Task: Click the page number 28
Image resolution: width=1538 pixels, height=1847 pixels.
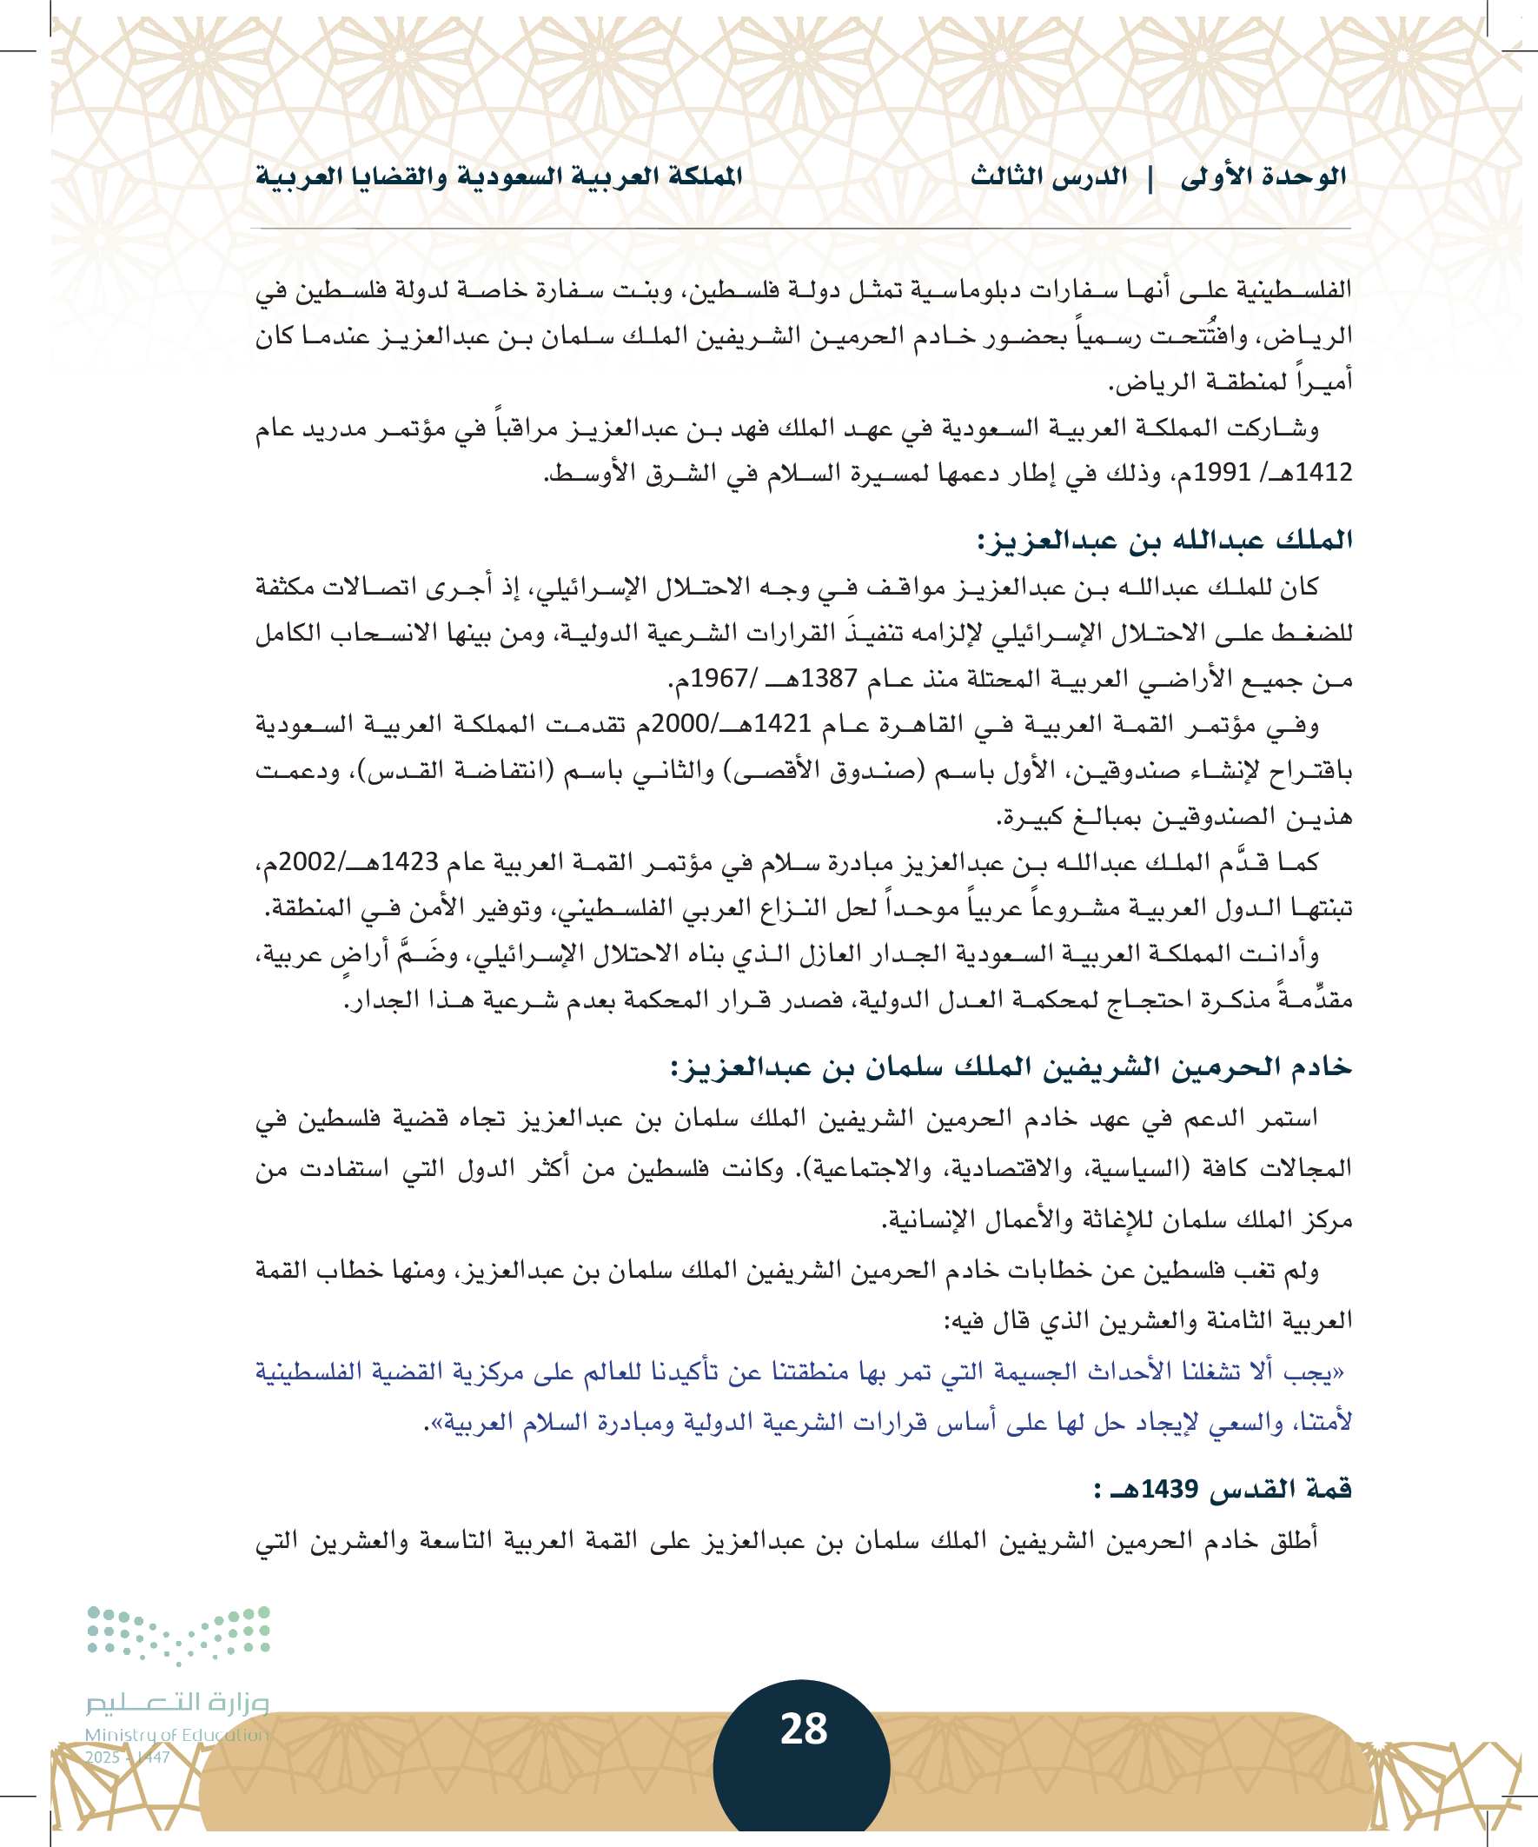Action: coord(804,1728)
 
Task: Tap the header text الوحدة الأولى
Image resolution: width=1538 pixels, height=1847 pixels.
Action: coord(1263,176)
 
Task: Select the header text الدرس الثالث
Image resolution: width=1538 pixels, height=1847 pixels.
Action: coord(1049,176)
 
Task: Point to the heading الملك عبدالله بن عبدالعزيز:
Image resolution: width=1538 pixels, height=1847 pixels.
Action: coord(1164,540)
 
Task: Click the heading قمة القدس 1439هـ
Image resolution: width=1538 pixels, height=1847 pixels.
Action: coord(1223,1489)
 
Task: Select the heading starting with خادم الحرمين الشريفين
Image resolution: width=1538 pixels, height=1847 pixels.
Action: coord(1011,1067)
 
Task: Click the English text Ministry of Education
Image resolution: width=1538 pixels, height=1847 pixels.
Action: coord(176,1735)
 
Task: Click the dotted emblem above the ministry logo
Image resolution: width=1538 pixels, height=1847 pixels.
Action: coord(178,1634)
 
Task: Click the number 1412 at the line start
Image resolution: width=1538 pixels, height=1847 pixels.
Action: coord(1323,472)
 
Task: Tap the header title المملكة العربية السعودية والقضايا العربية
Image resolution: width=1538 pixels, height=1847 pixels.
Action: coord(499,176)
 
